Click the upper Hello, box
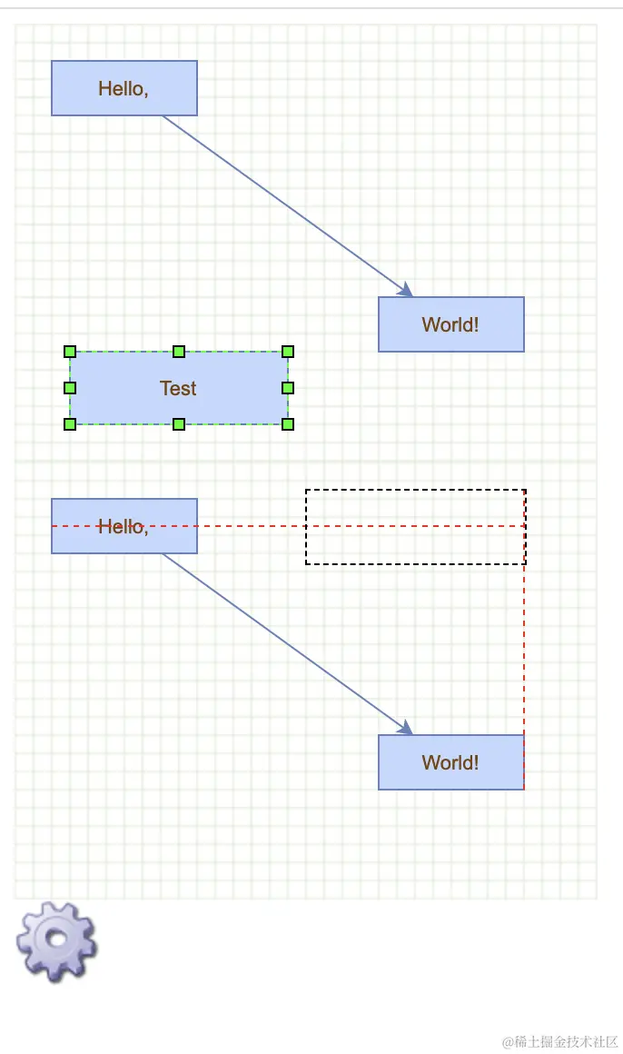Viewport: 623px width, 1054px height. pyautogui.click(x=124, y=88)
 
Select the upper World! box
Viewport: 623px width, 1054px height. pyautogui.click(x=450, y=324)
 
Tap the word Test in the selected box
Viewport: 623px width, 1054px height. pyautogui.click(x=178, y=388)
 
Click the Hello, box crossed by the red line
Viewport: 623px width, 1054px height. pyautogui.click(x=124, y=536)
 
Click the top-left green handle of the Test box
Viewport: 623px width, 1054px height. pyautogui.click(x=70, y=352)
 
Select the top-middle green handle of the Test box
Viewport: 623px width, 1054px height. pyautogui.click(x=179, y=352)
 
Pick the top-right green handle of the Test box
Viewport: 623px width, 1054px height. pyautogui.click(x=288, y=352)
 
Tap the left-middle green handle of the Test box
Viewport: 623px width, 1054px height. pyautogui.click(x=70, y=388)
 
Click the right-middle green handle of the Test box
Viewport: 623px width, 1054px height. pyautogui.click(x=288, y=388)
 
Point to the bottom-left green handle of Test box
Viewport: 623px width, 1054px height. pyautogui.click(x=70, y=423)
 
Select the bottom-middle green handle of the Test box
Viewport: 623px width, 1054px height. pyautogui.click(x=179, y=423)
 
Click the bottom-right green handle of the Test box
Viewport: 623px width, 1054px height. pyautogui.click(x=288, y=423)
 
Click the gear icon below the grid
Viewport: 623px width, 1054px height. pyautogui.click(x=56, y=940)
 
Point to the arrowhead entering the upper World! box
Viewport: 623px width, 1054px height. pyautogui.click(x=406, y=290)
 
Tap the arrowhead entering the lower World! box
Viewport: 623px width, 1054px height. pyautogui.click(x=406, y=728)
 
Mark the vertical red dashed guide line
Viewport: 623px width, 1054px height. pyautogui.click(x=525, y=654)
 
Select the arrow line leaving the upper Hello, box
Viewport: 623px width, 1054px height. pyautogui.click(x=282, y=202)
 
